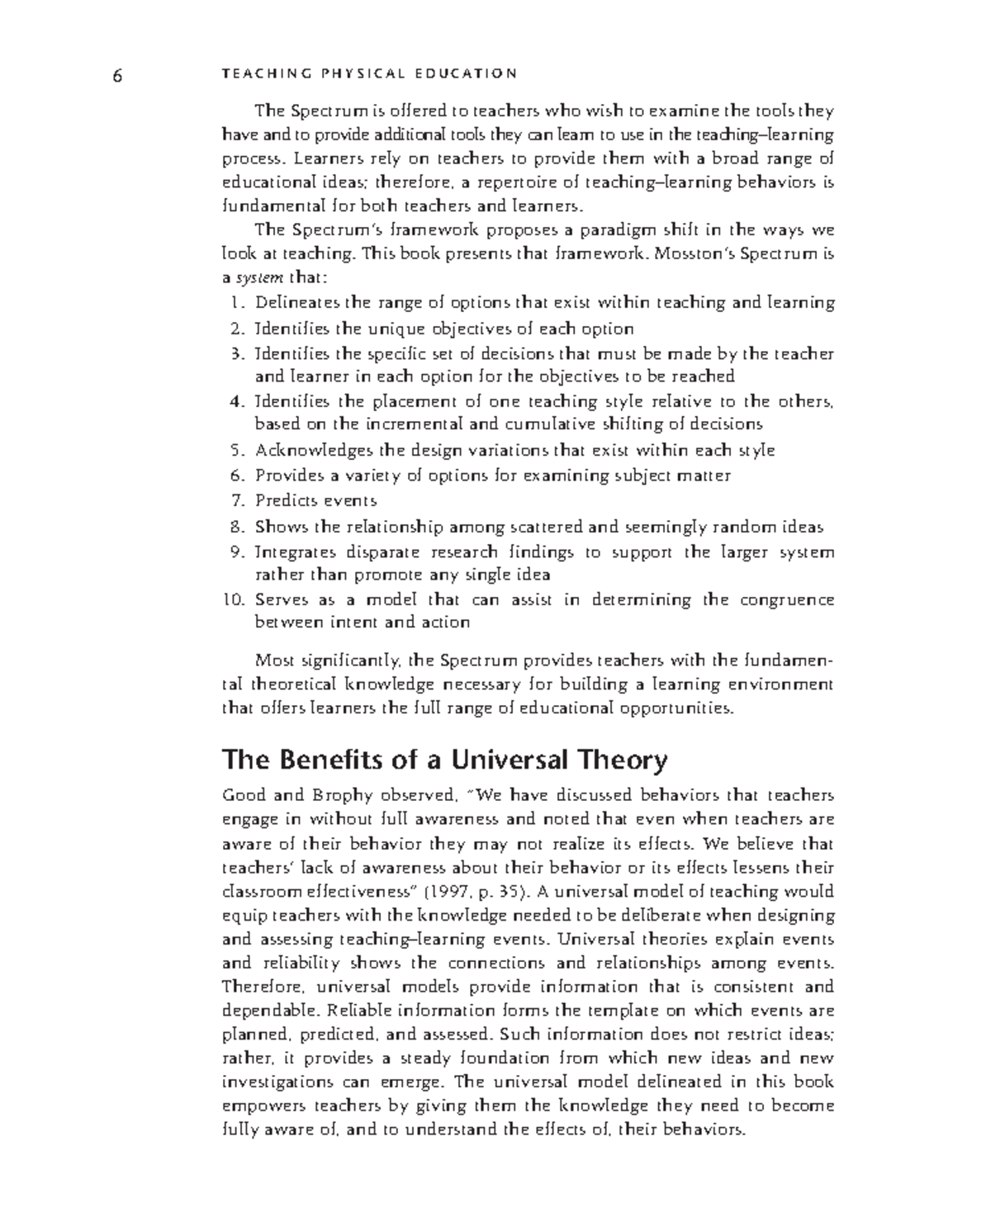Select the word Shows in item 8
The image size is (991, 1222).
[277, 527]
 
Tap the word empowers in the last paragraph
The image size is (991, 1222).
[259, 1106]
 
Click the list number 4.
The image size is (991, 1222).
[238, 402]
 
